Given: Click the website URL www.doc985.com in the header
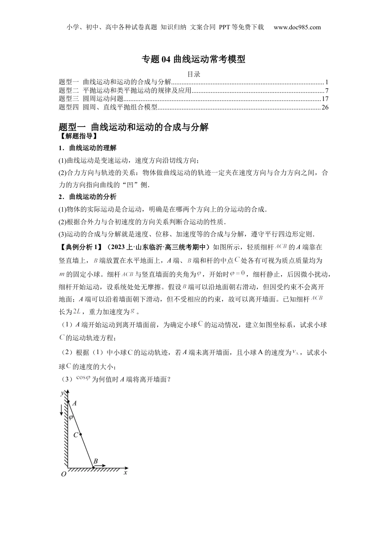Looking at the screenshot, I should click(x=297, y=27).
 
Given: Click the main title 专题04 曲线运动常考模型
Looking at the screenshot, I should click(x=193, y=59).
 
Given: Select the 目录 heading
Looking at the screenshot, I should click(x=193, y=74).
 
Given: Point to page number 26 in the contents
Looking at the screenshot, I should click(x=325, y=107).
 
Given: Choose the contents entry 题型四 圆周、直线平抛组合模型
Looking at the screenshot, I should click(x=108, y=107).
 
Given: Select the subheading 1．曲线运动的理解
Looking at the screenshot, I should click(x=87, y=148).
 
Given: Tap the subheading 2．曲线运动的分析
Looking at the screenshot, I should click(x=87, y=197).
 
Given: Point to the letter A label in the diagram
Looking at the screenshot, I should click(x=75, y=403).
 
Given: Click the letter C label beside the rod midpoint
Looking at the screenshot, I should click(x=75, y=435).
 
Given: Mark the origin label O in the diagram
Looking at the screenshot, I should click(x=64, y=474).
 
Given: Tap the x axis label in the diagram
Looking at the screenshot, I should click(x=125, y=473).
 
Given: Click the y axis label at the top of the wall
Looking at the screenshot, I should click(x=62, y=393).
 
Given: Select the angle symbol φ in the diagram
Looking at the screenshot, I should click(x=71, y=417).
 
